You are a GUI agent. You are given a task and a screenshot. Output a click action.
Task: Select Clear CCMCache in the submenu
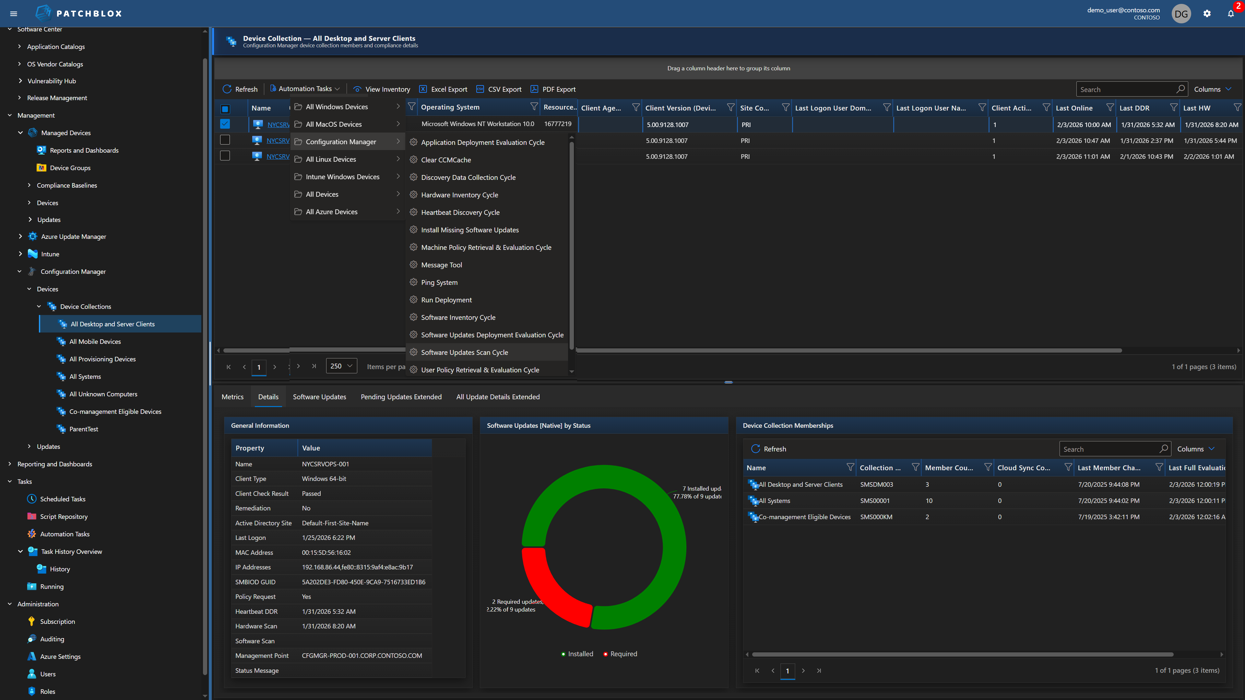click(445, 160)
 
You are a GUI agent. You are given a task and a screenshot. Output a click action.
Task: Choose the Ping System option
click(439, 282)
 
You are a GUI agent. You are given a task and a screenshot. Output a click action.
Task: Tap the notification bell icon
click(1230, 14)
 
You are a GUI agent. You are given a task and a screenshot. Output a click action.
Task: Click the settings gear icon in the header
click(1207, 14)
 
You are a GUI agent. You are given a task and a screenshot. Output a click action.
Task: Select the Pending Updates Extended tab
click(401, 397)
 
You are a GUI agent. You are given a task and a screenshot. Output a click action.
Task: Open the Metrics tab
click(232, 397)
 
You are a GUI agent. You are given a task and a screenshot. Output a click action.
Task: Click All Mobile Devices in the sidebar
click(95, 342)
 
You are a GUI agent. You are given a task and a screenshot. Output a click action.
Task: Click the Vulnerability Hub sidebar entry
click(51, 81)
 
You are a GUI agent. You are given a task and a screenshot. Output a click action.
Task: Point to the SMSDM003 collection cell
click(876, 484)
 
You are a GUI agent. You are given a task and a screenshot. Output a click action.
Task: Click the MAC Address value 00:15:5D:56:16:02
click(326, 552)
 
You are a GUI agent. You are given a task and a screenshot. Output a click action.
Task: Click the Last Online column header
click(1074, 108)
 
